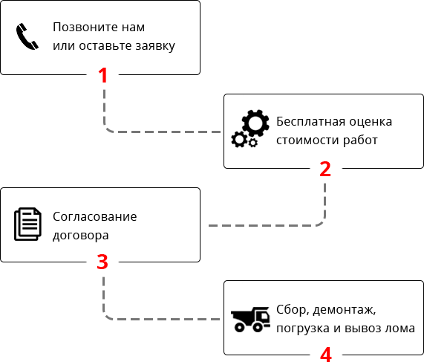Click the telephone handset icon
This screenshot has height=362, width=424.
tap(26, 37)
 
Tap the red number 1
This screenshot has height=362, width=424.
tap(103, 75)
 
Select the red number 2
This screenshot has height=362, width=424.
tap(325, 169)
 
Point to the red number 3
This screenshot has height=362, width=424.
tap(102, 262)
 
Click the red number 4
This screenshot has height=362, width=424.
tap(326, 355)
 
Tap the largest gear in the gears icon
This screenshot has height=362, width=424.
tap(255, 123)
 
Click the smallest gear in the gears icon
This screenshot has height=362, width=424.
tap(253, 143)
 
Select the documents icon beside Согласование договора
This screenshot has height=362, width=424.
tap(27, 224)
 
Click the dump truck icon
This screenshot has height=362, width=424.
tap(250, 320)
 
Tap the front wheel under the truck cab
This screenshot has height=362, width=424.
tap(258, 327)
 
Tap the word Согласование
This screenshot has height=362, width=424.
tap(94, 216)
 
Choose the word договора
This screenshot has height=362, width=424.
tap(81, 236)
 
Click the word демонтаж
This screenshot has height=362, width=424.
tap(345, 310)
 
